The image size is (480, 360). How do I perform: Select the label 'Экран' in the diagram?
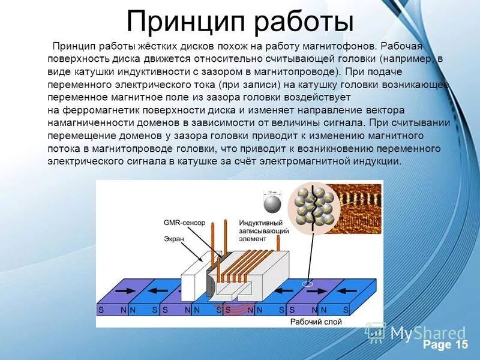(x=174, y=239)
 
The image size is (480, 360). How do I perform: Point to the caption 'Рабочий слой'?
(x=316, y=322)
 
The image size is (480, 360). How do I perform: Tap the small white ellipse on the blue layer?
(x=308, y=283)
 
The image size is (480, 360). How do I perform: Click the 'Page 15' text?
(x=445, y=344)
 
